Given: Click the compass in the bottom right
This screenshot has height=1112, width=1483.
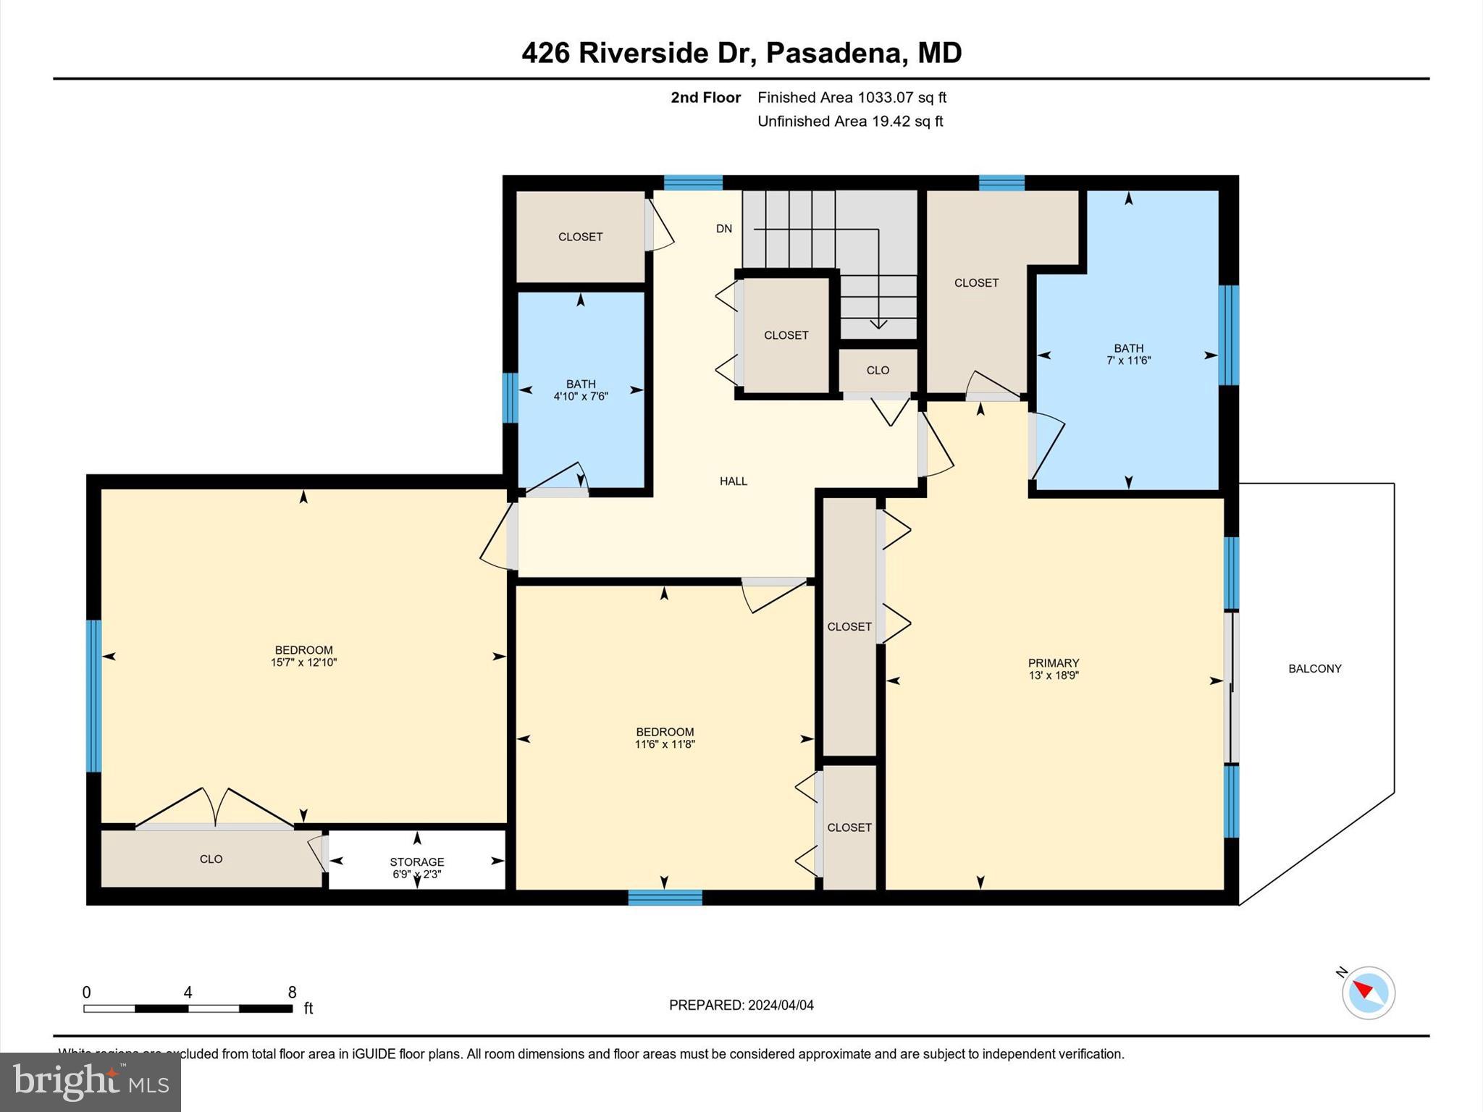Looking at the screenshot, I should tap(1368, 993).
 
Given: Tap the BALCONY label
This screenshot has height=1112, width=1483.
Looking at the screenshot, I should tap(1314, 669).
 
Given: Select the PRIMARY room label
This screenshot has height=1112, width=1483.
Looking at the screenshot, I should tap(1053, 663).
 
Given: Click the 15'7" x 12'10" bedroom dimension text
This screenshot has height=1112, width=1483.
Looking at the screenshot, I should tap(303, 662).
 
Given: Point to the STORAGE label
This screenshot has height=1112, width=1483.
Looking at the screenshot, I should tap(416, 862).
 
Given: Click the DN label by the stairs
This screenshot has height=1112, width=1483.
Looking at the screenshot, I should tap(723, 229).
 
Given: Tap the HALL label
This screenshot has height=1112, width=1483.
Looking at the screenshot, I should tap(733, 481).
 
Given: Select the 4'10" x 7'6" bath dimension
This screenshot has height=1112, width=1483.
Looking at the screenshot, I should tap(581, 397).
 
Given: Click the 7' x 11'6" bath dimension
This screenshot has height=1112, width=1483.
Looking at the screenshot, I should tap(1128, 361).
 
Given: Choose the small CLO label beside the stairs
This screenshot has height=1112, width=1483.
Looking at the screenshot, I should tap(877, 371).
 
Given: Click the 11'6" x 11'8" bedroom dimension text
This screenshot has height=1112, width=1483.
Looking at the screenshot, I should tap(665, 744).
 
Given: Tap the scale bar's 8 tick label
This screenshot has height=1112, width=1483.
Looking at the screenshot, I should tap(292, 993).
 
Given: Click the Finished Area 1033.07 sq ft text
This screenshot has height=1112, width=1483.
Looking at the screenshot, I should tap(852, 98).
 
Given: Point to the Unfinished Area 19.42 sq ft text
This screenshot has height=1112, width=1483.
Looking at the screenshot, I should tap(849, 122).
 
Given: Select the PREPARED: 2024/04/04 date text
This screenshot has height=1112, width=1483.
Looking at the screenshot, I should tap(741, 1005).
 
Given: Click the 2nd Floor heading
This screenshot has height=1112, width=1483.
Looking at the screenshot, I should tap(705, 98).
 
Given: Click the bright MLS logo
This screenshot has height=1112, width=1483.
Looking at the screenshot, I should tap(91, 1082).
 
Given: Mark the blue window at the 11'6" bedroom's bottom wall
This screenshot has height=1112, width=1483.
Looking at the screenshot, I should tap(665, 898).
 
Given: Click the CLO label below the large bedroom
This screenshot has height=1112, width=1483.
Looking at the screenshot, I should tap(211, 859).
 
